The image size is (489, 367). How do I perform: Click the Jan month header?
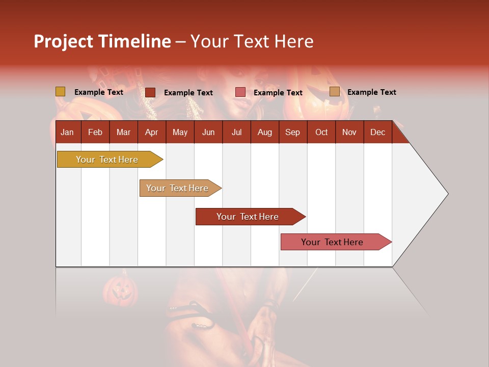click(67, 132)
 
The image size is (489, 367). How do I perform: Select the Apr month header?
click(151, 132)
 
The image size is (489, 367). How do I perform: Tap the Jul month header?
click(236, 132)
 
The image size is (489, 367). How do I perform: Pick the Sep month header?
click(292, 132)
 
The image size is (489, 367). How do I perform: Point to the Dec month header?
click(377, 132)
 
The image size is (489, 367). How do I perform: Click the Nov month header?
click(349, 132)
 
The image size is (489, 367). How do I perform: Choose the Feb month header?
click(95, 132)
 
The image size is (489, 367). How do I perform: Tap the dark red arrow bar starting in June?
click(248, 217)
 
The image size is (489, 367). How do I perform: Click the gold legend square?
click(60, 92)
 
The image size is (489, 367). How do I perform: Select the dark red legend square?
click(150, 92)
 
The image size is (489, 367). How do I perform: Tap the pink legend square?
click(240, 92)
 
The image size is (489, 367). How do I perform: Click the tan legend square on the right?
click(334, 92)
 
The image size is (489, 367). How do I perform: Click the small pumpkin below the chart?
click(120, 291)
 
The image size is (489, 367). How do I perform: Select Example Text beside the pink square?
click(278, 93)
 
